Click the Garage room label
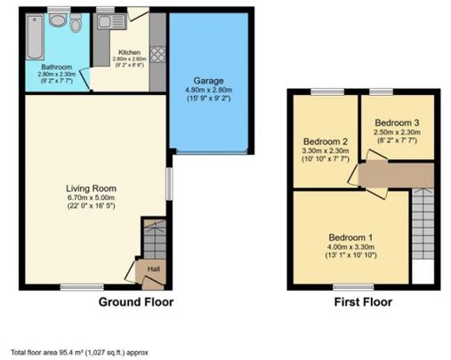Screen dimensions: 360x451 (x=207, y=81)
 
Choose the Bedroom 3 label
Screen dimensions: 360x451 (x=396, y=122)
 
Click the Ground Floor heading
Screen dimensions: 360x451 (x=135, y=302)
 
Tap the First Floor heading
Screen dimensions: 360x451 (x=362, y=302)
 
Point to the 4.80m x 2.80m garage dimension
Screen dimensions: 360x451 (x=207, y=91)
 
